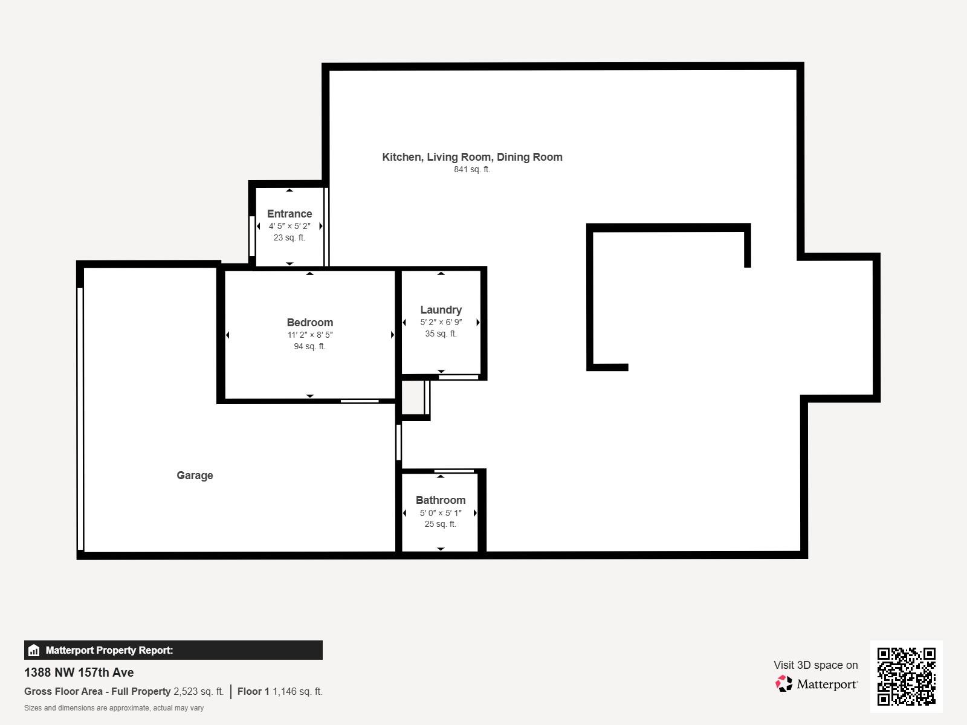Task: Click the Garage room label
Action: click(195, 475)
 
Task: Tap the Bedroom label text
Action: click(310, 323)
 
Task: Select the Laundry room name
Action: click(441, 310)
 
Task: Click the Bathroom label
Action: click(441, 500)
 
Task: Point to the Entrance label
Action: click(289, 214)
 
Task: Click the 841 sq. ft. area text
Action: click(472, 170)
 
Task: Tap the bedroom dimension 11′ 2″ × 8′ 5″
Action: click(310, 335)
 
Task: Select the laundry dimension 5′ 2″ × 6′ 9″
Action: click(441, 322)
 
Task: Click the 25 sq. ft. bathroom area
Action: click(440, 524)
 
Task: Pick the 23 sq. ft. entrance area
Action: click(289, 237)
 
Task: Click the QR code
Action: click(906, 676)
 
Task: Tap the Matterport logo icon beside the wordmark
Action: click(784, 684)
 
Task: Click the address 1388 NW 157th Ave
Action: click(79, 672)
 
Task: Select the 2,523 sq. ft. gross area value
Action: click(198, 691)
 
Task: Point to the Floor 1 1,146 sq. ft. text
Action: click(280, 691)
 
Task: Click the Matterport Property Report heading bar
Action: click(173, 650)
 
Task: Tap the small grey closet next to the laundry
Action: click(413, 397)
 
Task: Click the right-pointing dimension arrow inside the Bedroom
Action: click(392, 335)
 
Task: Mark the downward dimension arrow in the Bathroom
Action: click(441, 549)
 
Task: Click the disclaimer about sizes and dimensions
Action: click(114, 708)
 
